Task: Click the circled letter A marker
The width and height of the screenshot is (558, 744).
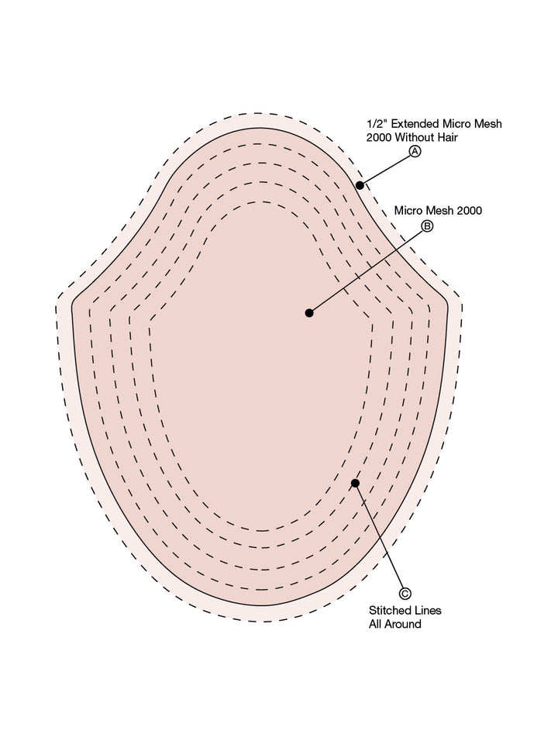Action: pyautogui.click(x=415, y=151)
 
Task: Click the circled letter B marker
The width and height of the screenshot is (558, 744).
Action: pyautogui.click(x=428, y=226)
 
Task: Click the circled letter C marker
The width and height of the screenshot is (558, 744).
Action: pyautogui.click(x=405, y=594)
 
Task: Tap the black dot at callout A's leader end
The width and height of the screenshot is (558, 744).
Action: pyautogui.click(x=360, y=185)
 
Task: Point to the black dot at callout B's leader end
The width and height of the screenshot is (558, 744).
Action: pyautogui.click(x=309, y=312)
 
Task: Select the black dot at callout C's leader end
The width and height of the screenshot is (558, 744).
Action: pyautogui.click(x=356, y=483)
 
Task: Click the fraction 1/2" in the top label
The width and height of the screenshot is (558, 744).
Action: pyautogui.click(x=377, y=124)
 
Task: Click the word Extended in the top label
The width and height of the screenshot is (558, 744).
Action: pyautogui.click(x=415, y=124)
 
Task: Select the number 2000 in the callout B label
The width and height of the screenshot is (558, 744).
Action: pyautogui.click(x=468, y=211)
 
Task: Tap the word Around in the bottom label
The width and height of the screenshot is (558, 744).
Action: pyautogui.click(x=403, y=624)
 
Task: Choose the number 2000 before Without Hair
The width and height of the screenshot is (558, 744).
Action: pyautogui.click(x=379, y=137)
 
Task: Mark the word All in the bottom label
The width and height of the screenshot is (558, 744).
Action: pyautogui.click(x=375, y=624)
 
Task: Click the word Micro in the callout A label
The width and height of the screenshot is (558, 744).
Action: pyautogui.click(x=456, y=124)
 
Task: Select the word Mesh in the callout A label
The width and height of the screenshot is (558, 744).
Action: pyautogui.click(x=487, y=124)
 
